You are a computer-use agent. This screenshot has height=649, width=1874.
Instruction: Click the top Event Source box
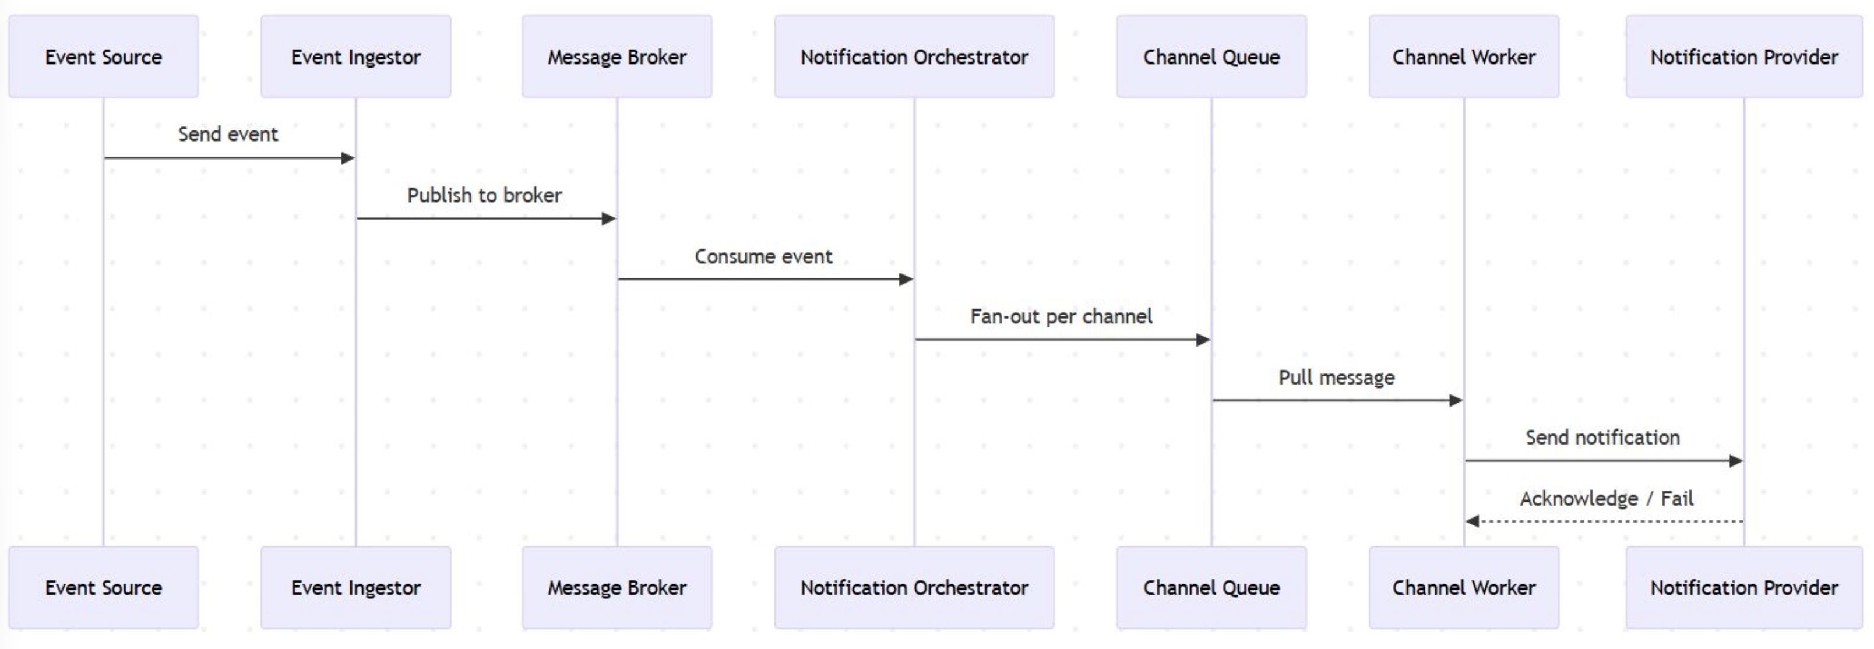pyautogui.click(x=103, y=57)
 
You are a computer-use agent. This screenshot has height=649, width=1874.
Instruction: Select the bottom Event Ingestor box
pyautogui.click(x=355, y=587)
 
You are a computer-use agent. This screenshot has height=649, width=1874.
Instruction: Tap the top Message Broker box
pyautogui.click(x=617, y=57)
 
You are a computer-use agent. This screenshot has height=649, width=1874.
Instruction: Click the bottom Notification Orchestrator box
pyautogui.click(x=914, y=587)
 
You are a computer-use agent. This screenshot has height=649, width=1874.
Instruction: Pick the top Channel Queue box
pyautogui.click(x=1211, y=57)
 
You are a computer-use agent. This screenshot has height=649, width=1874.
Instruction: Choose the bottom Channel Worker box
pyautogui.click(x=1464, y=587)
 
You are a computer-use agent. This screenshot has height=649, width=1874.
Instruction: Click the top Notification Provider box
pyautogui.click(x=1744, y=57)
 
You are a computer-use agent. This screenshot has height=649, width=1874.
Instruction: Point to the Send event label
pyautogui.click(x=228, y=135)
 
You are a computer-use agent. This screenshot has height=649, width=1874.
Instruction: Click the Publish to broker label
pyautogui.click(x=484, y=196)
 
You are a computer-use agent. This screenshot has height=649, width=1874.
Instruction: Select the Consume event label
pyautogui.click(x=763, y=257)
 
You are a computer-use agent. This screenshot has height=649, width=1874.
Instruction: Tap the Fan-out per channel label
pyautogui.click(x=1061, y=316)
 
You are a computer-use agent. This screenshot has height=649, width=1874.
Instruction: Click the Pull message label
pyautogui.click(x=1336, y=378)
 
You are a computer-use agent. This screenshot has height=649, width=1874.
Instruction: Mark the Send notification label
pyautogui.click(x=1602, y=438)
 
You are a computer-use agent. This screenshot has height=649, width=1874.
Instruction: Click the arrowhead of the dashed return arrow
pyautogui.click(x=1473, y=521)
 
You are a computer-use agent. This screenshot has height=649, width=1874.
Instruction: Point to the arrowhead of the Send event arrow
pyautogui.click(x=348, y=158)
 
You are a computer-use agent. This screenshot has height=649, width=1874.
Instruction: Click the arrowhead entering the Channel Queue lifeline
pyautogui.click(x=1203, y=340)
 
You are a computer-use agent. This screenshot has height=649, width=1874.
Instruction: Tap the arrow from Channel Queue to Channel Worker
pyautogui.click(x=1336, y=400)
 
